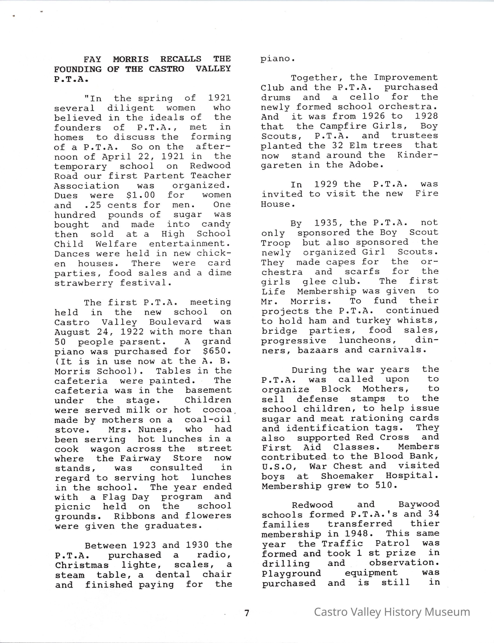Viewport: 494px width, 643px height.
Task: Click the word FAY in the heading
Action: pos(92,59)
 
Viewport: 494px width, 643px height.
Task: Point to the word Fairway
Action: pos(141,458)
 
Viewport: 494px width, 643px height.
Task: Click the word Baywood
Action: pos(419,505)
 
